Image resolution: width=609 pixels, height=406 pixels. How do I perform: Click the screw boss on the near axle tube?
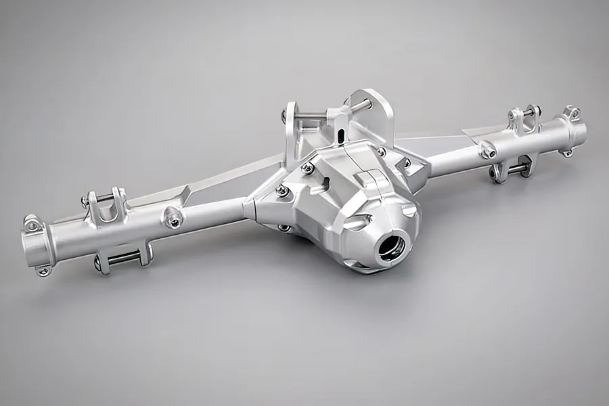click(174, 218)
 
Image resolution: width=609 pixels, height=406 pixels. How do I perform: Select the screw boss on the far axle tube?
click(488, 150)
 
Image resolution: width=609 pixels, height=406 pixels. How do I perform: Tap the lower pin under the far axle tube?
click(516, 170)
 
